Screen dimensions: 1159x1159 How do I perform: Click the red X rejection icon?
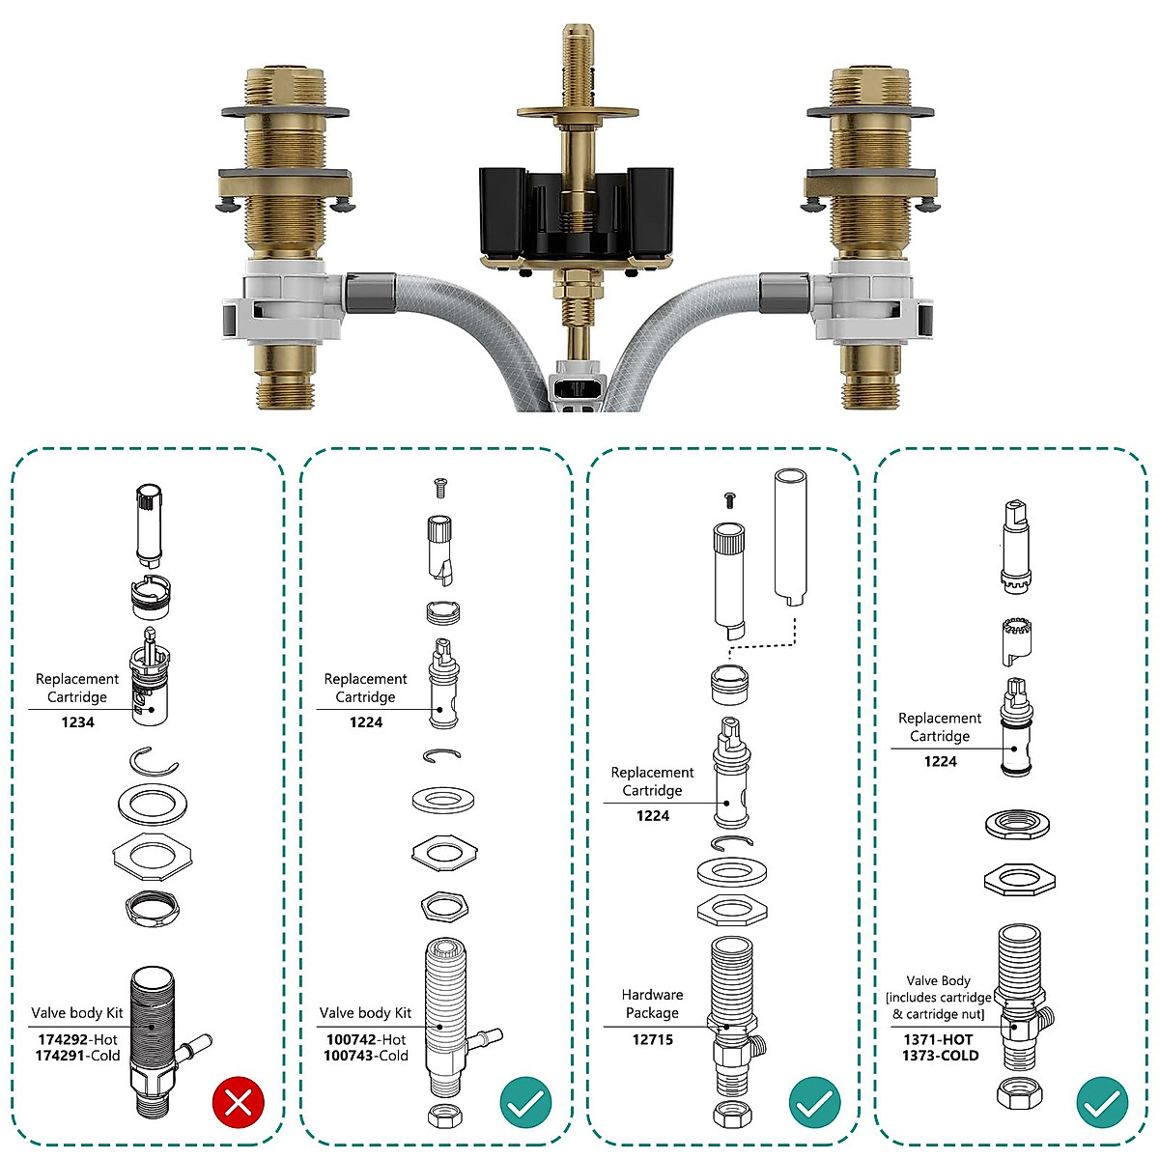238,1102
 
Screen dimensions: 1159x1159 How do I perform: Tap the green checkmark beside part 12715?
813,1102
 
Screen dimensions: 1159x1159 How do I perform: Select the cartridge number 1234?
77,722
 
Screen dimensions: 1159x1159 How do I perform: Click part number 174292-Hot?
77,1039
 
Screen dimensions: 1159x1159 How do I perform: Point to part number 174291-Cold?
77,1056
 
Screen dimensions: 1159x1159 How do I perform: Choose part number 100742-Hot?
365,1039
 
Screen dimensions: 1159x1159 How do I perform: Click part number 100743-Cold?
365,1056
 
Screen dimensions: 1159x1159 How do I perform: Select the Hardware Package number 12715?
652,1039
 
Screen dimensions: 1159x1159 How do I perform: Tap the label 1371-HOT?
939,1039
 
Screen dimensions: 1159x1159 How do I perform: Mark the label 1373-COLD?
940,1056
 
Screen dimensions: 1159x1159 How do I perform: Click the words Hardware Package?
652,1004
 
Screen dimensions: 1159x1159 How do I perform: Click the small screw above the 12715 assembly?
730,498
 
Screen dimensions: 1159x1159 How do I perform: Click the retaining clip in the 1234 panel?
154,761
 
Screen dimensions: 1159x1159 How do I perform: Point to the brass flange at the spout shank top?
578,112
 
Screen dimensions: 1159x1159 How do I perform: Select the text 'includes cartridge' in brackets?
940,998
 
